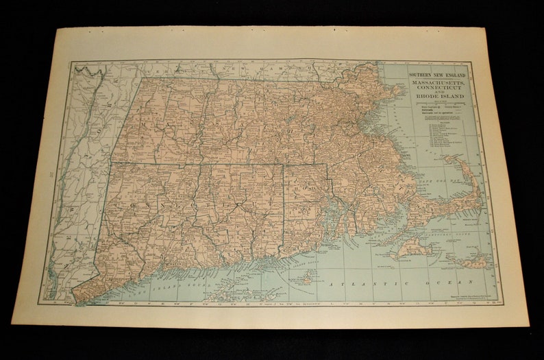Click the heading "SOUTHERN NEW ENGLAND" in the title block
[436, 74]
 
